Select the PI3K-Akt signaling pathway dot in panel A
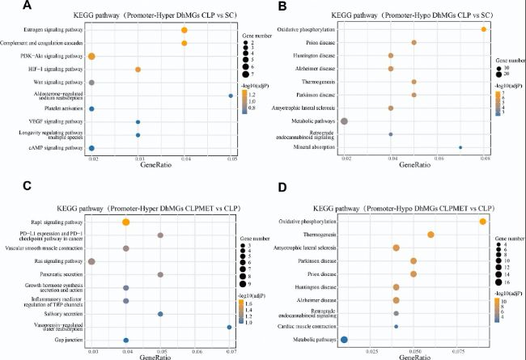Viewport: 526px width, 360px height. coord(91,56)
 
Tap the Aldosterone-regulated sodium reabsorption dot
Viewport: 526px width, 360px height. coord(231,95)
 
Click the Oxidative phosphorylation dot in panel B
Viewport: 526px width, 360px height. coord(483,29)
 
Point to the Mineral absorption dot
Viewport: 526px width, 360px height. coord(460,147)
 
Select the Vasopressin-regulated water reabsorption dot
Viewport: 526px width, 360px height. coord(230,327)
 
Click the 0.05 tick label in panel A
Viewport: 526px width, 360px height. coord(231,160)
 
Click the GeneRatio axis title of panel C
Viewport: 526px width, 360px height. coord(161,357)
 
